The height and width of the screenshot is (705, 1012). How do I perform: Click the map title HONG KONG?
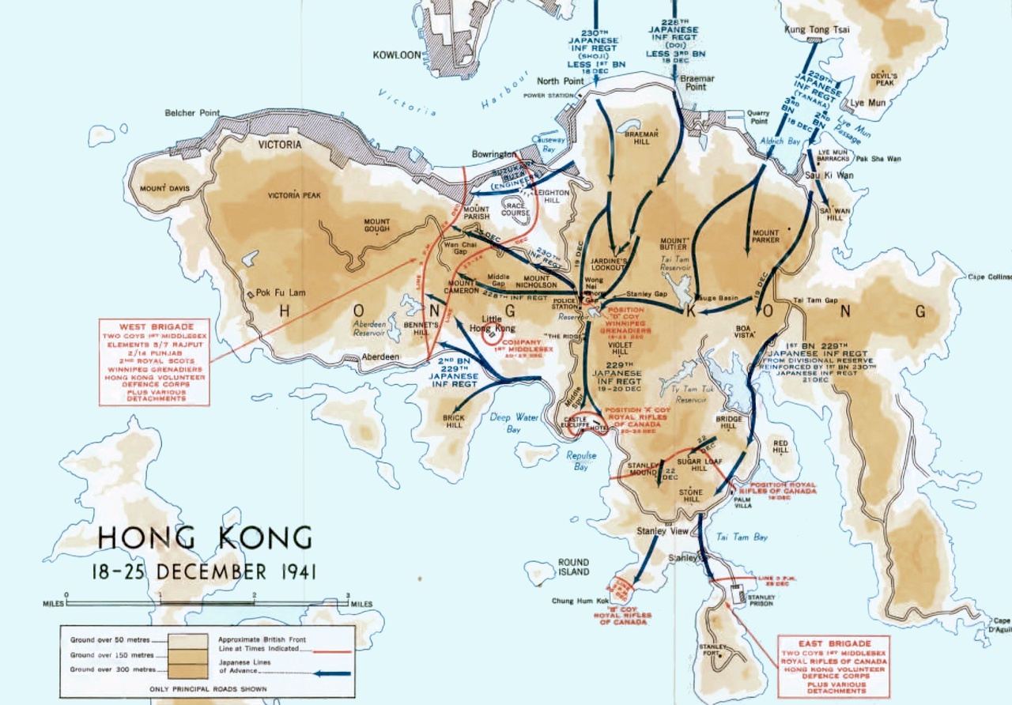coord(204,538)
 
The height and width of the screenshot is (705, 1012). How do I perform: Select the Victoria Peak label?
coord(294,194)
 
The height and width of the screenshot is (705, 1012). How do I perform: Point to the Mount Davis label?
coord(164,188)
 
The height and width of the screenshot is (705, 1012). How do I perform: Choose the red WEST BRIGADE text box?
coord(154,362)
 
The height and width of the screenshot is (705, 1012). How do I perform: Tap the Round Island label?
coord(573,567)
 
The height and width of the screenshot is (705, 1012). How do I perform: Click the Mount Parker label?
coord(765,236)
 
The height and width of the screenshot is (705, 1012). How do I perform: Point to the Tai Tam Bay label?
coord(742,537)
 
